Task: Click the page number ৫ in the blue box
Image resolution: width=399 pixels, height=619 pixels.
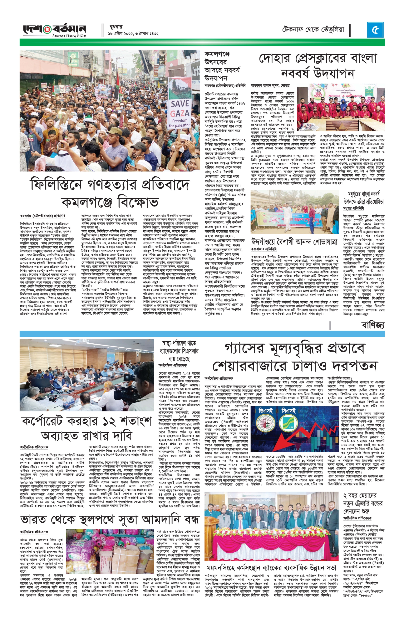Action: (375, 30)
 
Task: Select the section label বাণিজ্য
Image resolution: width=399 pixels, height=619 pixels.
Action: (373, 325)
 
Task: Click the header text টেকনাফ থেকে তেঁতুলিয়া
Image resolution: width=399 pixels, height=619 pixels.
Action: (313, 30)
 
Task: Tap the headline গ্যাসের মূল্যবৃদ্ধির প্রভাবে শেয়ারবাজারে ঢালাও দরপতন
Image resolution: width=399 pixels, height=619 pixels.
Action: (294, 356)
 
